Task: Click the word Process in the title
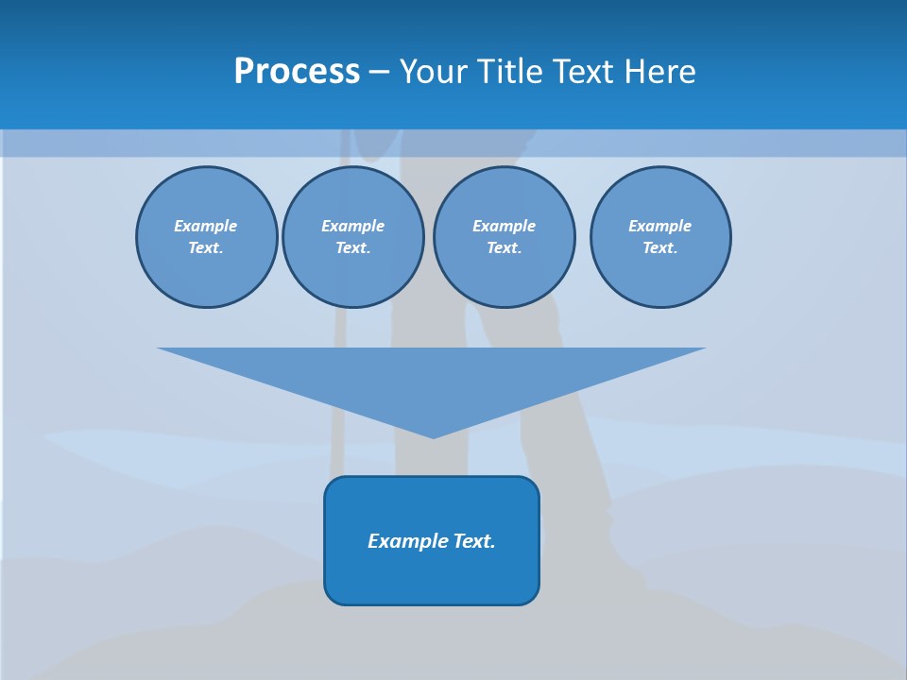click(297, 72)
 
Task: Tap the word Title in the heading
click(510, 72)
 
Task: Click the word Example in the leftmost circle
click(206, 226)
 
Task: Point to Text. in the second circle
click(353, 248)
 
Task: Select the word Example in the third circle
click(505, 226)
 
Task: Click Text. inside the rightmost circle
click(660, 248)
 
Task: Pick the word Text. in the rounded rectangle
click(474, 541)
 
